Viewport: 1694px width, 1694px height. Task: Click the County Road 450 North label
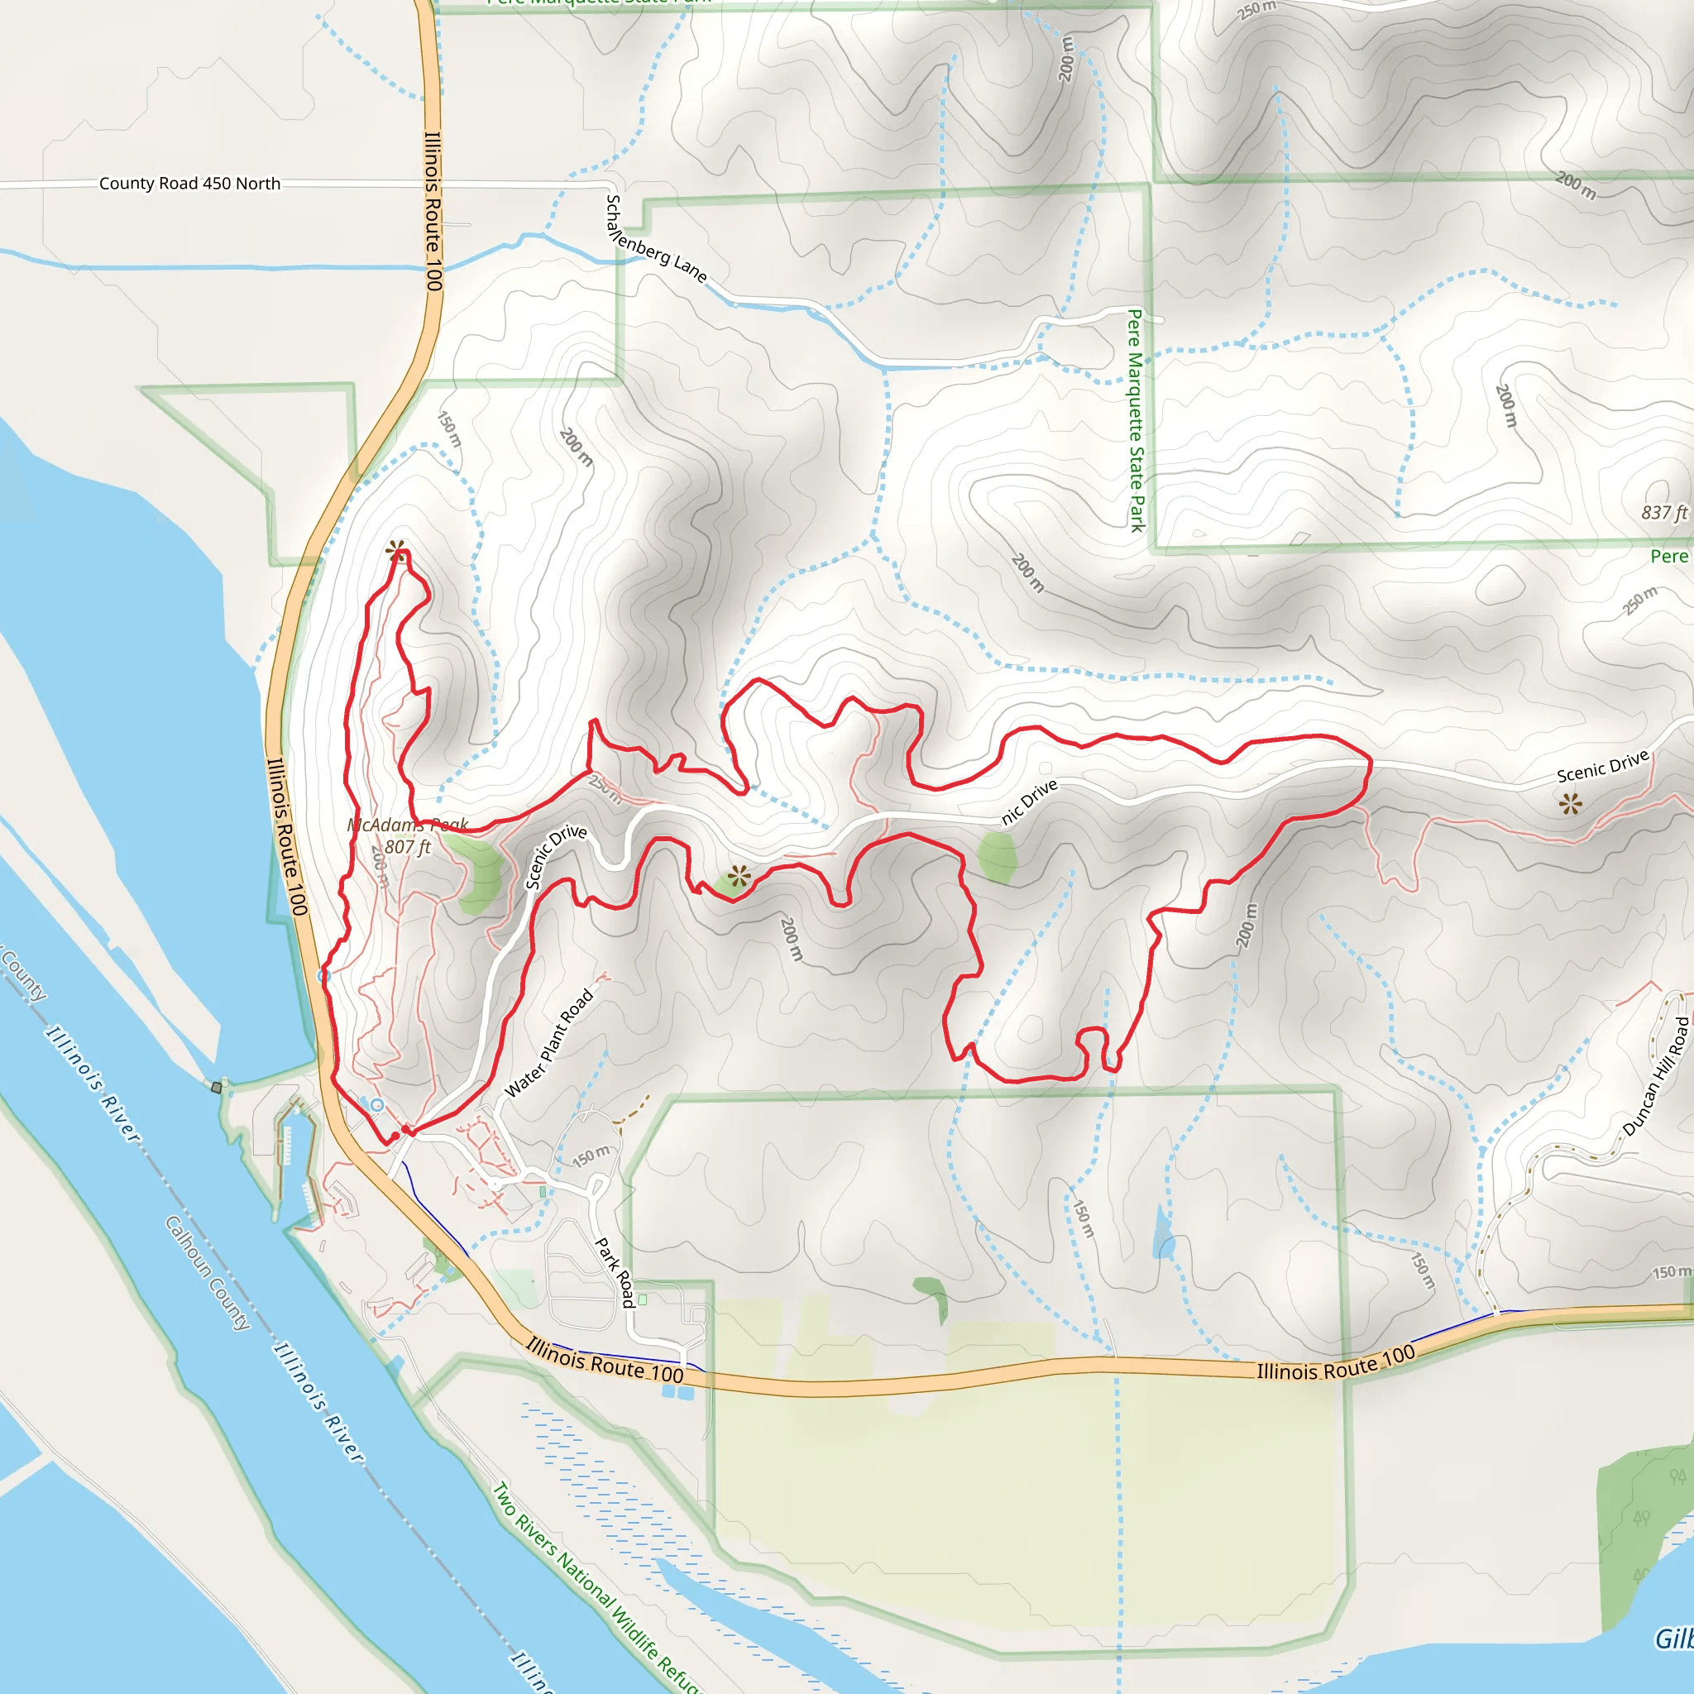click(189, 184)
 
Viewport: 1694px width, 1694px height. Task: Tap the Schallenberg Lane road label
click(656, 239)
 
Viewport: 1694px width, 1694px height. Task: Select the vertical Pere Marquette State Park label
click(1136, 420)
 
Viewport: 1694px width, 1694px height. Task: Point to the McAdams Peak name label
click(408, 825)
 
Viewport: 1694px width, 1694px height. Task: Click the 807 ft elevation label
click(408, 847)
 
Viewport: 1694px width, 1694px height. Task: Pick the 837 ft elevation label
click(1663, 513)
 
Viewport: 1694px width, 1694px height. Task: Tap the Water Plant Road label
click(550, 1043)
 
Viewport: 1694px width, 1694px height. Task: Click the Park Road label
click(615, 1272)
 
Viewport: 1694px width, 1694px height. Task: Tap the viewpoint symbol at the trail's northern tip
click(396, 551)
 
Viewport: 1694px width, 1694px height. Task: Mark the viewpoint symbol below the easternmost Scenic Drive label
click(1571, 803)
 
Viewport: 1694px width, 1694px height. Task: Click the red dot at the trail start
click(395, 1137)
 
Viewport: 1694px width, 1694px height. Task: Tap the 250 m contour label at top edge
click(1257, 10)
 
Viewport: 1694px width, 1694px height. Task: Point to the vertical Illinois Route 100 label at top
click(433, 210)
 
